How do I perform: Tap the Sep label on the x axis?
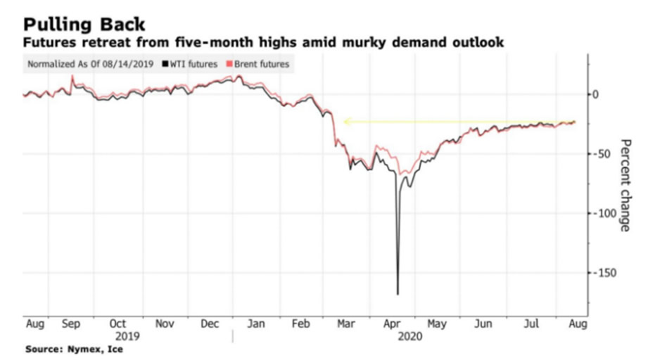pyautogui.click(x=71, y=325)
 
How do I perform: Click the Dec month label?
pyautogui.click(x=210, y=325)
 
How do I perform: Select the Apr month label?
pyautogui.click(x=393, y=325)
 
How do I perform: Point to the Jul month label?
pyautogui.click(x=531, y=325)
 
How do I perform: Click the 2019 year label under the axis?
pyautogui.click(x=117, y=336)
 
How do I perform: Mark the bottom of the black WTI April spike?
pyautogui.click(x=398, y=294)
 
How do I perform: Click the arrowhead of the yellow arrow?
pyautogui.click(x=346, y=122)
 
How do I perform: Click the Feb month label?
pyautogui.click(x=300, y=325)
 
